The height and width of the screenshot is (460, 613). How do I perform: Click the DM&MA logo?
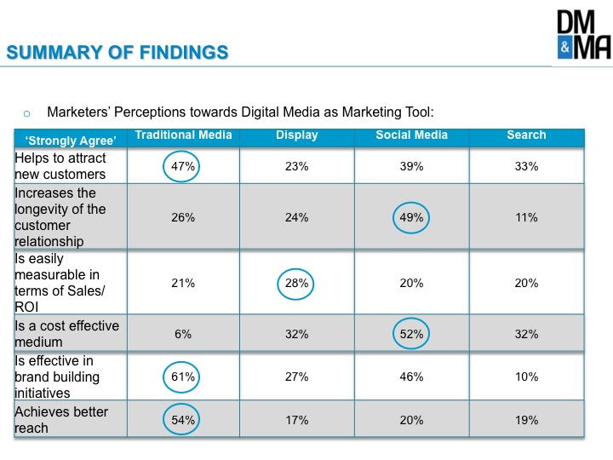(x=584, y=34)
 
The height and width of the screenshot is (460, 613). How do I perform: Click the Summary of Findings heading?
(x=117, y=53)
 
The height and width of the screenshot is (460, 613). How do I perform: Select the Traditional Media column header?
(x=183, y=135)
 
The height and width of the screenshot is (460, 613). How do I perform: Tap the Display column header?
(x=297, y=135)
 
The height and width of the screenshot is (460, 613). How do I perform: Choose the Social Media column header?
(x=412, y=135)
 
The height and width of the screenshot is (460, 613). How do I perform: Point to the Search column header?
(x=526, y=135)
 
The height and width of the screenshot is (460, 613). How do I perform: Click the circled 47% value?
(x=181, y=166)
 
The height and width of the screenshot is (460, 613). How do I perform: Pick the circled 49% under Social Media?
(x=411, y=217)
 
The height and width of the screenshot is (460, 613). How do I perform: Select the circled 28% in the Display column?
(x=295, y=284)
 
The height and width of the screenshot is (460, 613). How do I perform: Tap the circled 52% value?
(x=411, y=333)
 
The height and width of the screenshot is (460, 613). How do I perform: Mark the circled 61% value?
(x=181, y=377)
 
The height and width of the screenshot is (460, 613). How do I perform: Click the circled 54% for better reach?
(x=181, y=419)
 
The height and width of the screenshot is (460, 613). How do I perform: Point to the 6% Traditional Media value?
(x=183, y=334)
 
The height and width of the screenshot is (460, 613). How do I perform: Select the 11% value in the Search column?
(x=526, y=217)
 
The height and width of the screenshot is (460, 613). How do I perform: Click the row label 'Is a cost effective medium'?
(x=67, y=334)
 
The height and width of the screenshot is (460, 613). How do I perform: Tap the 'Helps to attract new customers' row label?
(x=60, y=166)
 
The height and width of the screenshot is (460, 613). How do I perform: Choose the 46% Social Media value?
(x=411, y=377)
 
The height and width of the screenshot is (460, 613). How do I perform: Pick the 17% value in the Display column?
(x=297, y=420)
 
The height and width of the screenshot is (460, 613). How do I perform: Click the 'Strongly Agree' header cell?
(x=71, y=141)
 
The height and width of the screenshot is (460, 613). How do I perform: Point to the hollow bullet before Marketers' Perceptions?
(x=26, y=114)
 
